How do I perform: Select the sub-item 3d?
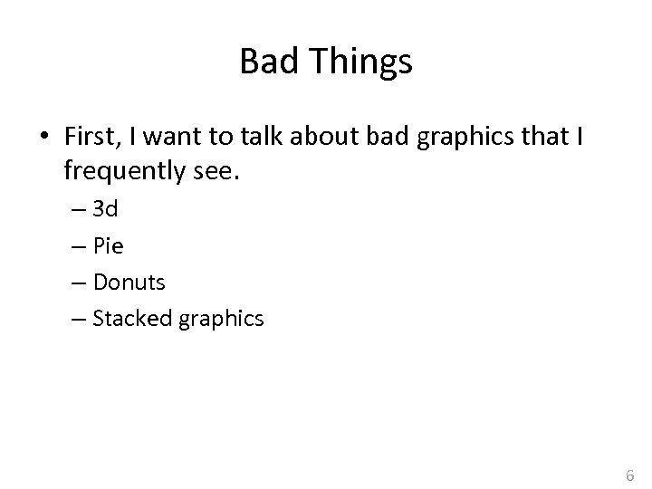tap(105, 210)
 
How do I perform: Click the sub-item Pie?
tap(108, 246)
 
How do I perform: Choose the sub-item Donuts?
tap(129, 283)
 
